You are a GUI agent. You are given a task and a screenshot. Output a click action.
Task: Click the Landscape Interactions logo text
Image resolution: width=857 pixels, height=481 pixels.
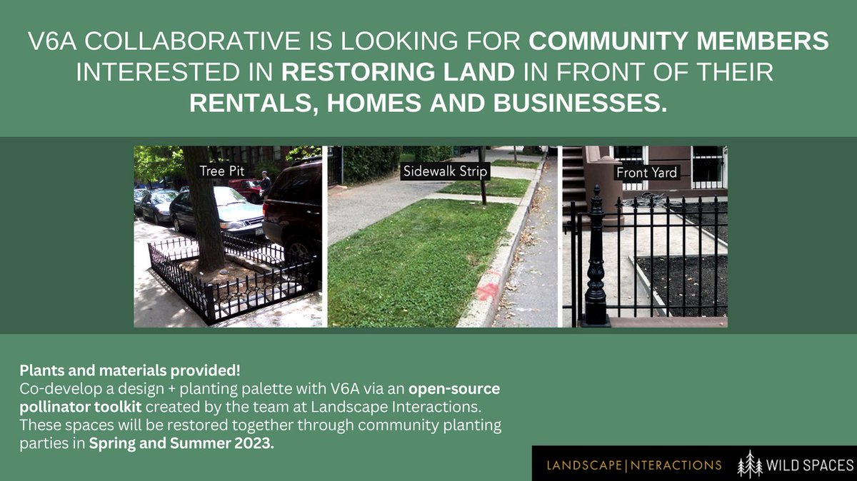(x=633, y=465)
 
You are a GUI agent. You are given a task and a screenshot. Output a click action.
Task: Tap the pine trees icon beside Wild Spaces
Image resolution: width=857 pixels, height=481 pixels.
(x=750, y=464)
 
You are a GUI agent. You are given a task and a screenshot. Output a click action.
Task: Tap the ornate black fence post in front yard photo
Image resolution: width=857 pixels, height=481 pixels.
(x=596, y=264)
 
